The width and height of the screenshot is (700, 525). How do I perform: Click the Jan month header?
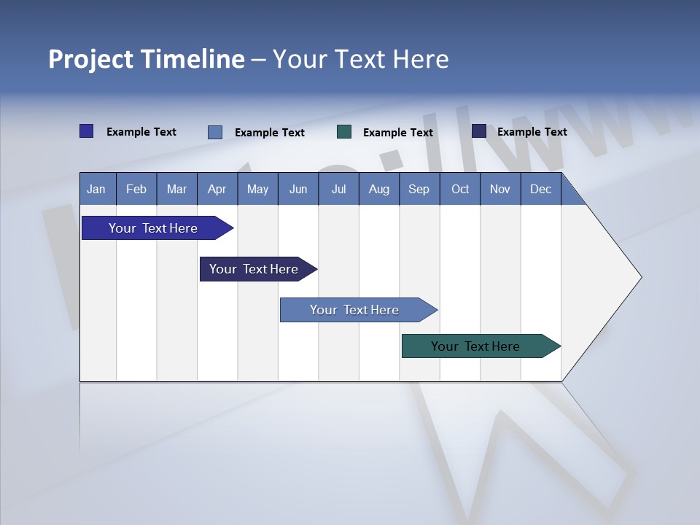click(x=97, y=189)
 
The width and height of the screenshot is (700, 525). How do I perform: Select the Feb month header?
click(x=136, y=189)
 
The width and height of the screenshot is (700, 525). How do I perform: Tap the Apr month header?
click(x=217, y=189)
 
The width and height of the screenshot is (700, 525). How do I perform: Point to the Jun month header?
click(x=298, y=189)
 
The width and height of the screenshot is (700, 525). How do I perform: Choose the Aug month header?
click(x=379, y=189)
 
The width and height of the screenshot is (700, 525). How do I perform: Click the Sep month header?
click(x=419, y=189)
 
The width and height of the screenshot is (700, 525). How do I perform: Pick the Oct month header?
click(x=460, y=189)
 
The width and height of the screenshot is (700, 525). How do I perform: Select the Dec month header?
click(x=541, y=189)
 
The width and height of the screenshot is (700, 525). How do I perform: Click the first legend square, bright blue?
click(x=86, y=131)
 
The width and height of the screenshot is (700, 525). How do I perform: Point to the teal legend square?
click(x=344, y=131)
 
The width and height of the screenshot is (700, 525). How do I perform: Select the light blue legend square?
click(x=215, y=132)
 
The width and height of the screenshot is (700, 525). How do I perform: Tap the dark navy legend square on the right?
click(x=478, y=131)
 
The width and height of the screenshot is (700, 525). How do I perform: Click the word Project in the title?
click(x=90, y=59)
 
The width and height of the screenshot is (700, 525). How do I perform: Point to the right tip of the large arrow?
click(x=639, y=277)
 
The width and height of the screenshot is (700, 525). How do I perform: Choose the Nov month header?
click(x=500, y=189)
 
